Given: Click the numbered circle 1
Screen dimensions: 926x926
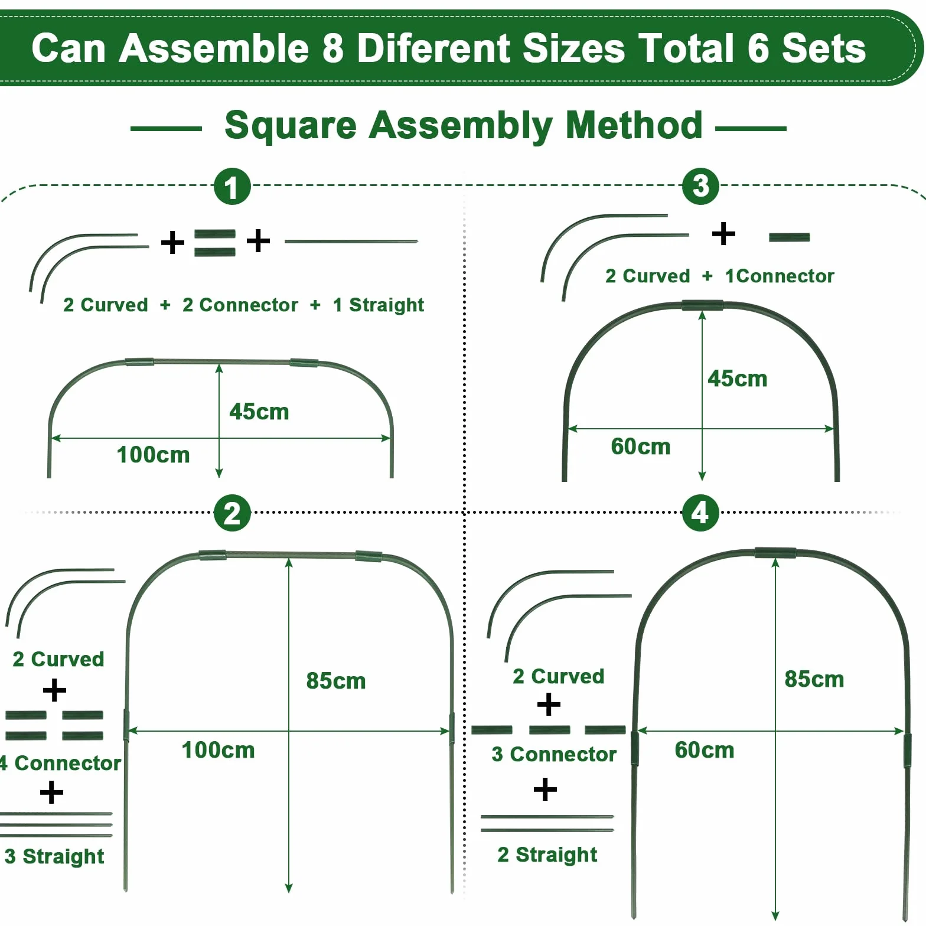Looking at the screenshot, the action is [x=232, y=187].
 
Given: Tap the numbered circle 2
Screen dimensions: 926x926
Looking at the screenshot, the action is [x=232, y=513].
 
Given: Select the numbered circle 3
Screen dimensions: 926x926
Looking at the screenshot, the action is [x=700, y=186].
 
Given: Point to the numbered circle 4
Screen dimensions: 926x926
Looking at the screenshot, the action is [x=700, y=513].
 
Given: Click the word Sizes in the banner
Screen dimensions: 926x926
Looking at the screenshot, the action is [x=573, y=48].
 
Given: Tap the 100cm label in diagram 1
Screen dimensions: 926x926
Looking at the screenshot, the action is [x=154, y=455].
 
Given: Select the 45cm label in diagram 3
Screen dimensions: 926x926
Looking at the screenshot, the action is [x=738, y=379].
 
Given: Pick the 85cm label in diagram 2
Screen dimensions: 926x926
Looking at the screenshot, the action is [x=336, y=681].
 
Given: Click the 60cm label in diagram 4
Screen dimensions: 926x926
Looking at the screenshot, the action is [x=705, y=750].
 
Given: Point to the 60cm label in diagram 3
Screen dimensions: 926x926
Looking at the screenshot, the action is [x=641, y=446].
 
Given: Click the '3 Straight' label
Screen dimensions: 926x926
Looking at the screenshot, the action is [x=54, y=856].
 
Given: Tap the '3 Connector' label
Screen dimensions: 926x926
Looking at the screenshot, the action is [x=554, y=754].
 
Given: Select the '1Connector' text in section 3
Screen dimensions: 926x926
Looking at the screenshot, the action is [x=780, y=276].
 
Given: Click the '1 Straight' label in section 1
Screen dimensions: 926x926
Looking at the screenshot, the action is [x=379, y=305].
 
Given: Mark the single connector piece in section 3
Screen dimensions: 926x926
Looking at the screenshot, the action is [x=789, y=237].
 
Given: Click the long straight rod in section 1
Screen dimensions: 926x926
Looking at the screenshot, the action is [x=351, y=241].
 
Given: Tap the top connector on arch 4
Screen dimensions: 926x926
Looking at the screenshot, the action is [x=775, y=553].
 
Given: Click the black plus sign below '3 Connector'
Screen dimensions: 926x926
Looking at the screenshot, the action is [x=544, y=789].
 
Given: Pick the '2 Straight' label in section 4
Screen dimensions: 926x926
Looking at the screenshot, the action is [x=547, y=855].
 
